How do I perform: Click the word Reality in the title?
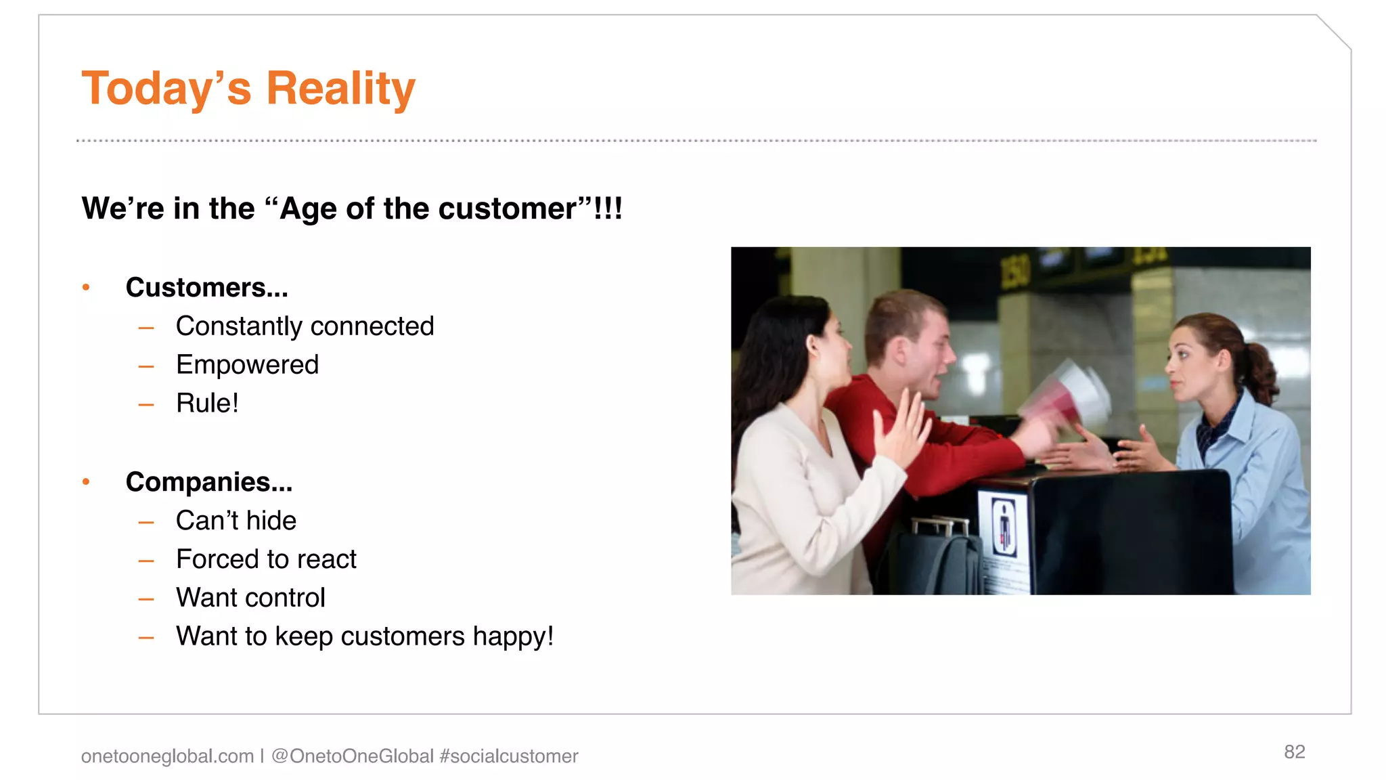(340, 89)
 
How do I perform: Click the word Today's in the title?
(166, 89)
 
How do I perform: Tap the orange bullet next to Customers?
(86, 288)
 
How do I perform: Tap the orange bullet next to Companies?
(86, 482)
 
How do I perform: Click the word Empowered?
(247, 365)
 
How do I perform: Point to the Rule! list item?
(207, 404)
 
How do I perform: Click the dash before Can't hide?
(146, 522)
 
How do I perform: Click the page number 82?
(1294, 752)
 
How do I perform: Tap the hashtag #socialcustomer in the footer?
(509, 756)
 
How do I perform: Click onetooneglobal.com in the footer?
(167, 756)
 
